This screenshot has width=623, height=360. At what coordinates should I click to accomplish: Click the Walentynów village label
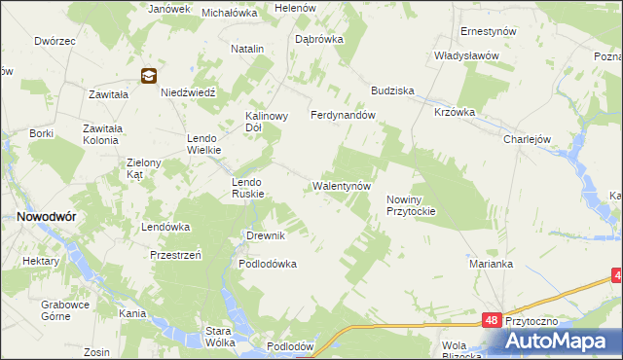point(342,185)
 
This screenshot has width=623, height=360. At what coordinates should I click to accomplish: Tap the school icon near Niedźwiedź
point(149,75)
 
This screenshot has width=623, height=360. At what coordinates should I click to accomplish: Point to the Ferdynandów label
point(343,115)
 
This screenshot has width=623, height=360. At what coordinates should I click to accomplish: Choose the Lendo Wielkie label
point(205,144)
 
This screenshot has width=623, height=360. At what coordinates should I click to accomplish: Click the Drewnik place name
point(265,236)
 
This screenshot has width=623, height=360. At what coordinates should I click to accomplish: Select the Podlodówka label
point(268,264)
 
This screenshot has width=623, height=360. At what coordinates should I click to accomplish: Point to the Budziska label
point(392,90)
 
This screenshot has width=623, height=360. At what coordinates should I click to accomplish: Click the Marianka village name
point(490,264)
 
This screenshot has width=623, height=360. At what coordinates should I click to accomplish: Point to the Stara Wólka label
point(223,337)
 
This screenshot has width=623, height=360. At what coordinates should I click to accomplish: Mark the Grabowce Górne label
point(65,309)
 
